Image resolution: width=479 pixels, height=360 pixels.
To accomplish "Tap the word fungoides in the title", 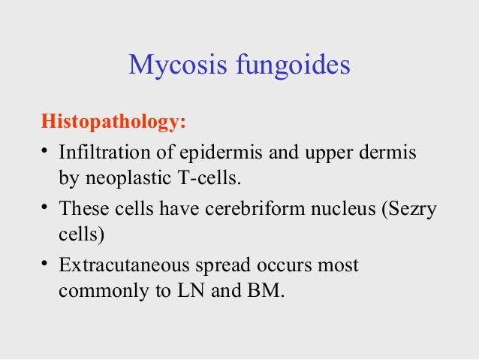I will (x=294, y=66).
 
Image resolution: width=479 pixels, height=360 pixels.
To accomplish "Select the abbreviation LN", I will (x=182, y=290).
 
